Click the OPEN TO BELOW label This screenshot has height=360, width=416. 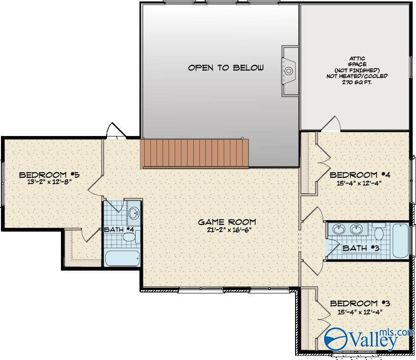point(226,68)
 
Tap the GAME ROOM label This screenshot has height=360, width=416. point(227,222)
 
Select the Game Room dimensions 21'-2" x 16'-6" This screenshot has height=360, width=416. point(229,230)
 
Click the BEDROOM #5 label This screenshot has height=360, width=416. point(50,175)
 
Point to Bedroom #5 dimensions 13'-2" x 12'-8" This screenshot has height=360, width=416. point(50,183)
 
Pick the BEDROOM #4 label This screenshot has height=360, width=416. point(360,175)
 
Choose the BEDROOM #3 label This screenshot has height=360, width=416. point(360,303)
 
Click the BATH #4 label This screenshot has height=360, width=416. point(119,229)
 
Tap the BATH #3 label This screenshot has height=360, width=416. point(361,248)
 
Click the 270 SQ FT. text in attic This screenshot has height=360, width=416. point(357,82)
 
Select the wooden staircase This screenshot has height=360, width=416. point(195,154)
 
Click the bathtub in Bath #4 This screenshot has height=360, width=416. point(122,259)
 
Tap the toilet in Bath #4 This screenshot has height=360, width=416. point(131,236)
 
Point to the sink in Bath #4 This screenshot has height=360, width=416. point(134,213)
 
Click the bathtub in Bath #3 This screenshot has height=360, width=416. point(401,241)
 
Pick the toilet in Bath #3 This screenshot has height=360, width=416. point(378,232)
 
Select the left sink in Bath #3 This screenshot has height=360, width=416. point(339,229)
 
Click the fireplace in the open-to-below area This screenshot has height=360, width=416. point(289,71)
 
